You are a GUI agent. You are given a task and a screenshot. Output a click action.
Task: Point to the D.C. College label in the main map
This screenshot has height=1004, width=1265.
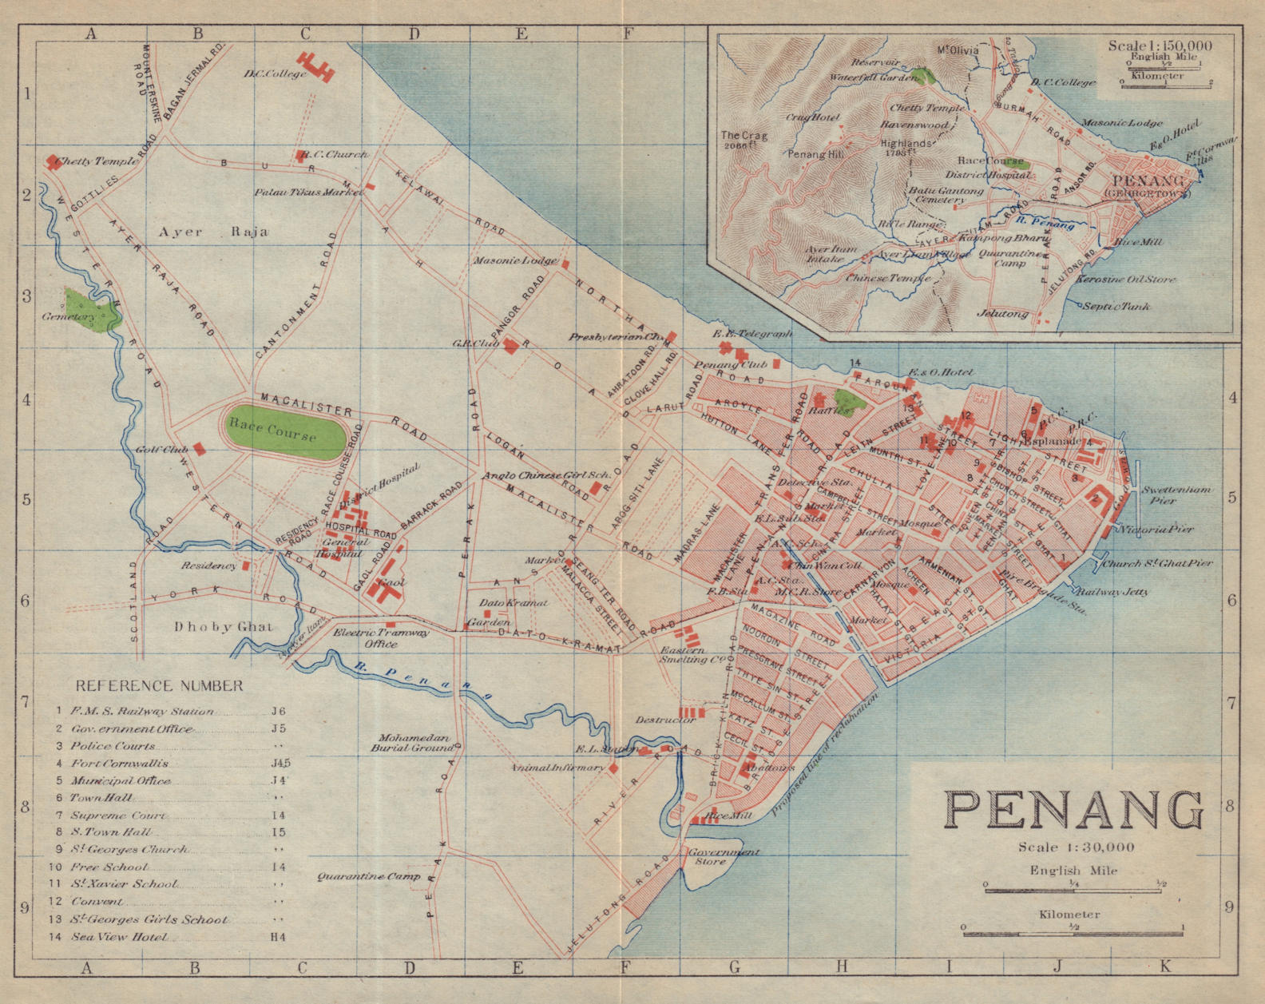coord(275,74)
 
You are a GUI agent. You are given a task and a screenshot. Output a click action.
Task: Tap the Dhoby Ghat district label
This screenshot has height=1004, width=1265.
coord(223,627)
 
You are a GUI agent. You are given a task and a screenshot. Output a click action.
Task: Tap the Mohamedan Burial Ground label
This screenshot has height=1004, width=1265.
coord(414,744)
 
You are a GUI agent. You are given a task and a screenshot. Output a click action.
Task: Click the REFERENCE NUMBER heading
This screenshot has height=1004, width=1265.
coord(159,685)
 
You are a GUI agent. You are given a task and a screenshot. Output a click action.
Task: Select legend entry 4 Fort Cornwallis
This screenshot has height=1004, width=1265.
coord(120,763)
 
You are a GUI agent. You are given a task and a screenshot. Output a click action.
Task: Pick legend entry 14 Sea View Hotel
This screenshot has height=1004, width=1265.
coord(120,937)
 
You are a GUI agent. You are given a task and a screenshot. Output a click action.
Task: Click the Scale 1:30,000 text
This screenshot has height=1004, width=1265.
coord(1076,847)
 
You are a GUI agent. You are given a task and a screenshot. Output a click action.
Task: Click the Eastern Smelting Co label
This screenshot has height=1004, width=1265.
coord(692,655)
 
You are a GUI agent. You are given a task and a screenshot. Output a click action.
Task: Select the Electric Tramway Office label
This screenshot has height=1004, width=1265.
coord(381,637)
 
